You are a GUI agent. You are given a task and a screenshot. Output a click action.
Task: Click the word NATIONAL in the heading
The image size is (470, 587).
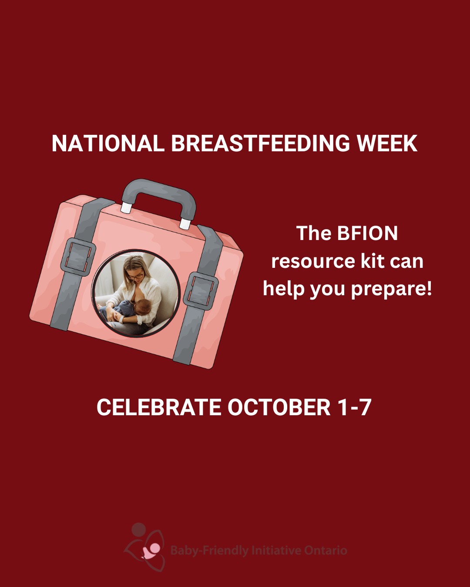pyautogui.click(x=108, y=143)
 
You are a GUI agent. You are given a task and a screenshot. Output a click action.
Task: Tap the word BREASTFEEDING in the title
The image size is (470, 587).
pyautogui.click(x=260, y=143)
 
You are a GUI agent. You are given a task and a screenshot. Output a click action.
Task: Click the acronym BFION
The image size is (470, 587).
pyautogui.click(x=368, y=233)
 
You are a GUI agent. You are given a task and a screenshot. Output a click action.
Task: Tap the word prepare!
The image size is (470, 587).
pyautogui.click(x=392, y=290)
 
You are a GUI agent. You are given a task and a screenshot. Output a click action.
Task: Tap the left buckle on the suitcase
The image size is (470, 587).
pyautogui.click(x=78, y=257)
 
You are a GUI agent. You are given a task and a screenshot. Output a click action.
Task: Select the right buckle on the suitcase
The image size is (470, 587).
pyautogui.click(x=201, y=291)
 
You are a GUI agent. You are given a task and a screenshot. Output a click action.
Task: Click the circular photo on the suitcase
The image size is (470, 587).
pyautogui.click(x=136, y=293)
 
